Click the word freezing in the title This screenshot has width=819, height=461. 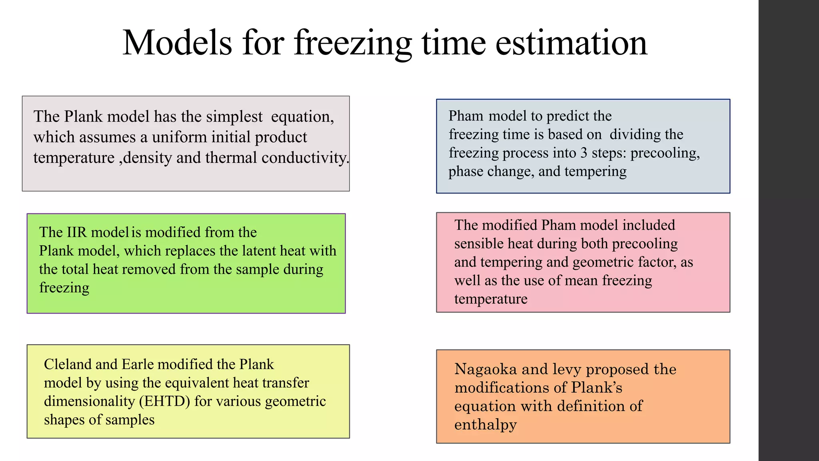coord(353,43)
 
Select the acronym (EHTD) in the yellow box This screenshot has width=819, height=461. coord(164,401)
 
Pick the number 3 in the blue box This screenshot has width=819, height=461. coord(584,153)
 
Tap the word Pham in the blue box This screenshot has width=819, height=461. coord(465,116)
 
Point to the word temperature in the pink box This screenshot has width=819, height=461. coord(491,299)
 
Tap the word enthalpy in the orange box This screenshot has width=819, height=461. coord(485,425)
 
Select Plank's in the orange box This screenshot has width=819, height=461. coord(597,387)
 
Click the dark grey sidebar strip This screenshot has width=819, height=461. coord(788,230)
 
